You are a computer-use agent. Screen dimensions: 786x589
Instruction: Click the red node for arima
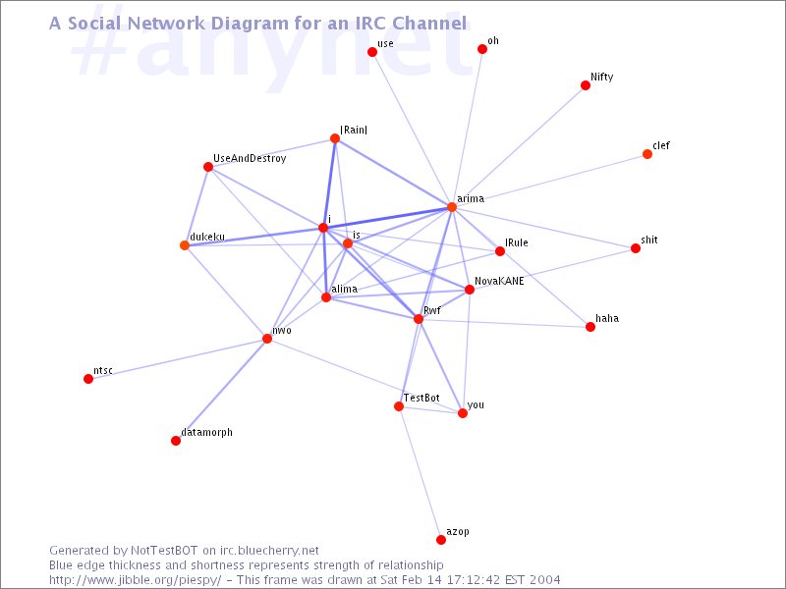click(x=452, y=207)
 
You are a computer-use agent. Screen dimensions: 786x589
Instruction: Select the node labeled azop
click(x=440, y=539)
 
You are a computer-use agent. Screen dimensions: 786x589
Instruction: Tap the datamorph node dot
click(x=176, y=441)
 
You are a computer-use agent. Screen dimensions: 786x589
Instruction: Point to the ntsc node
click(x=88, y=379)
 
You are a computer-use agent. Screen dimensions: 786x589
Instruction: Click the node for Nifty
click(x=585, y=85)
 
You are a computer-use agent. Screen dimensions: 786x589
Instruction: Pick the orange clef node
click(x=647, y=154)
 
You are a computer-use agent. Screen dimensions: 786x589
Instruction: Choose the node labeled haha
click(x=590, y=327)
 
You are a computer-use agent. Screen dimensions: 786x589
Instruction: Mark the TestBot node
click(x=399, y=406)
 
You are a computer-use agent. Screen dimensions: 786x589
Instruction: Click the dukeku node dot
click(x=185, y=244)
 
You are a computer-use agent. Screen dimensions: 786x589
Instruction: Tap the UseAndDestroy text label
click(x=250, y=158)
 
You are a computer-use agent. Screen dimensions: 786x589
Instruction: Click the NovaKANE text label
click(x=499, y=281)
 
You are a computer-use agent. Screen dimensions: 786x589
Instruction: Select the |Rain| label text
click(x=354, y=130)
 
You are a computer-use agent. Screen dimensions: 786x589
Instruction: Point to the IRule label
click(x=517, y=242)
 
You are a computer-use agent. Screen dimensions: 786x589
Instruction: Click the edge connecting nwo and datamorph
click(x=221, y=390)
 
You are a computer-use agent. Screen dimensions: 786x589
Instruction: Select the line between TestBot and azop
click(x=420, y=473)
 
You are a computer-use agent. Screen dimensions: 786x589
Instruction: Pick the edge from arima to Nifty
click(x=519, y=145)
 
